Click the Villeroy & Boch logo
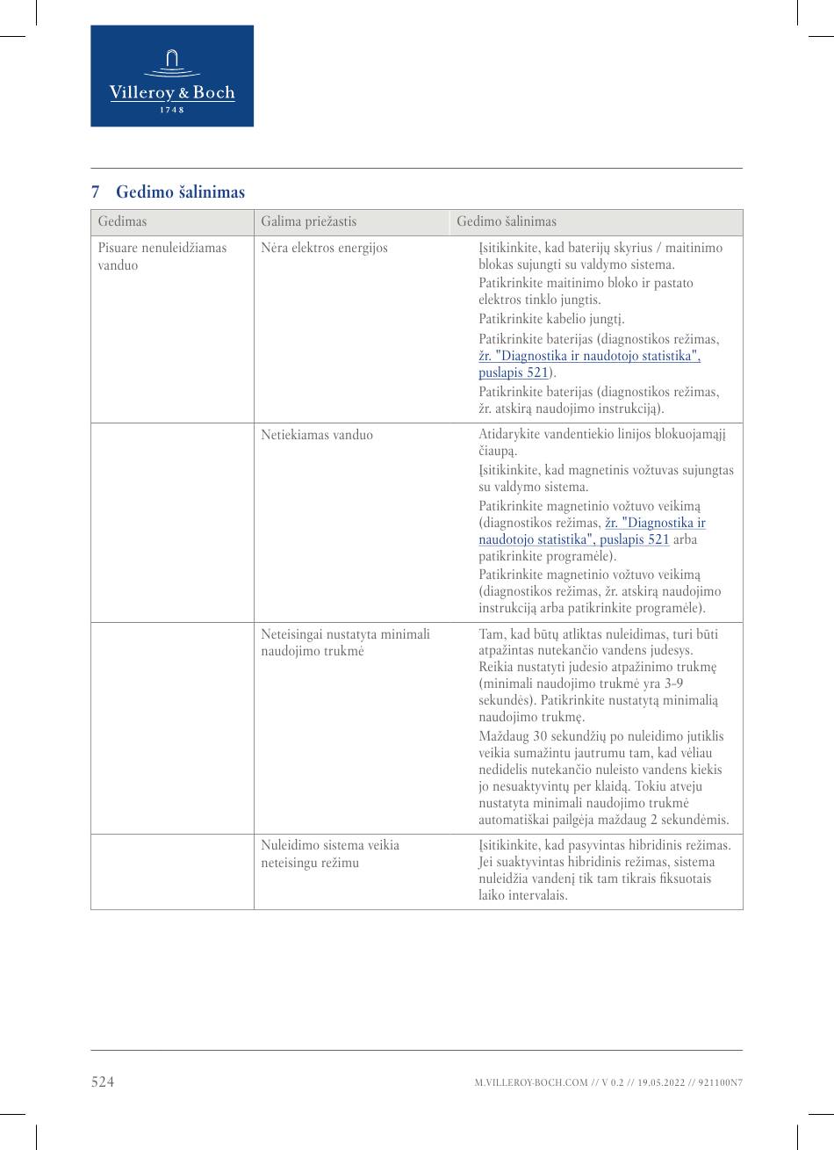(x=172, y=76)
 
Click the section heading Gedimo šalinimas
(x=180, y=192)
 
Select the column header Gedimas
(x=122, y=222)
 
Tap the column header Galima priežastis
(x=308, y=222)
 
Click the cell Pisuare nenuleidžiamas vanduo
(x=162, y=257)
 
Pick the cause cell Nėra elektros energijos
(x=324, y=248)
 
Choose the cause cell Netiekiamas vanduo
(x=316, y=435)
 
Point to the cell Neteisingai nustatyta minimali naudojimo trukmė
(x=345, y=642)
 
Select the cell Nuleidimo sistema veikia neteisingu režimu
(x=329, y=853)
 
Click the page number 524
(x=103, y=1082)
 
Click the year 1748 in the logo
(x=172, y=110)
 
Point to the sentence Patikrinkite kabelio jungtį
(x=551, y=319)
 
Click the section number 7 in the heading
(x=96, y=192)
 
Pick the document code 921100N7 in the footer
(x=721, y=1083)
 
